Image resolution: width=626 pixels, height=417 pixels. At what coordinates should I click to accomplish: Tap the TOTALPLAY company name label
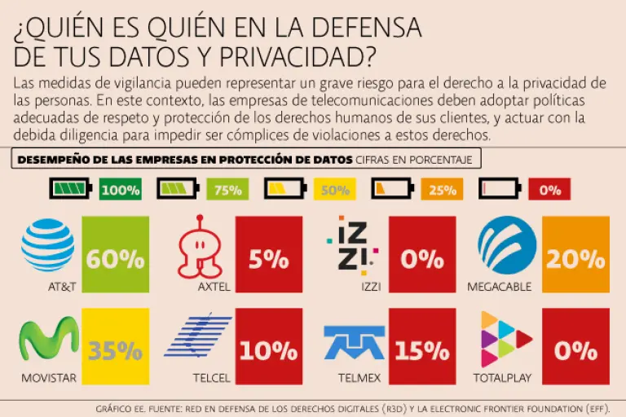pos(504,379)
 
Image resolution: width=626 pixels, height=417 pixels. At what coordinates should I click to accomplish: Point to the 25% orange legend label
pos(442,191)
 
